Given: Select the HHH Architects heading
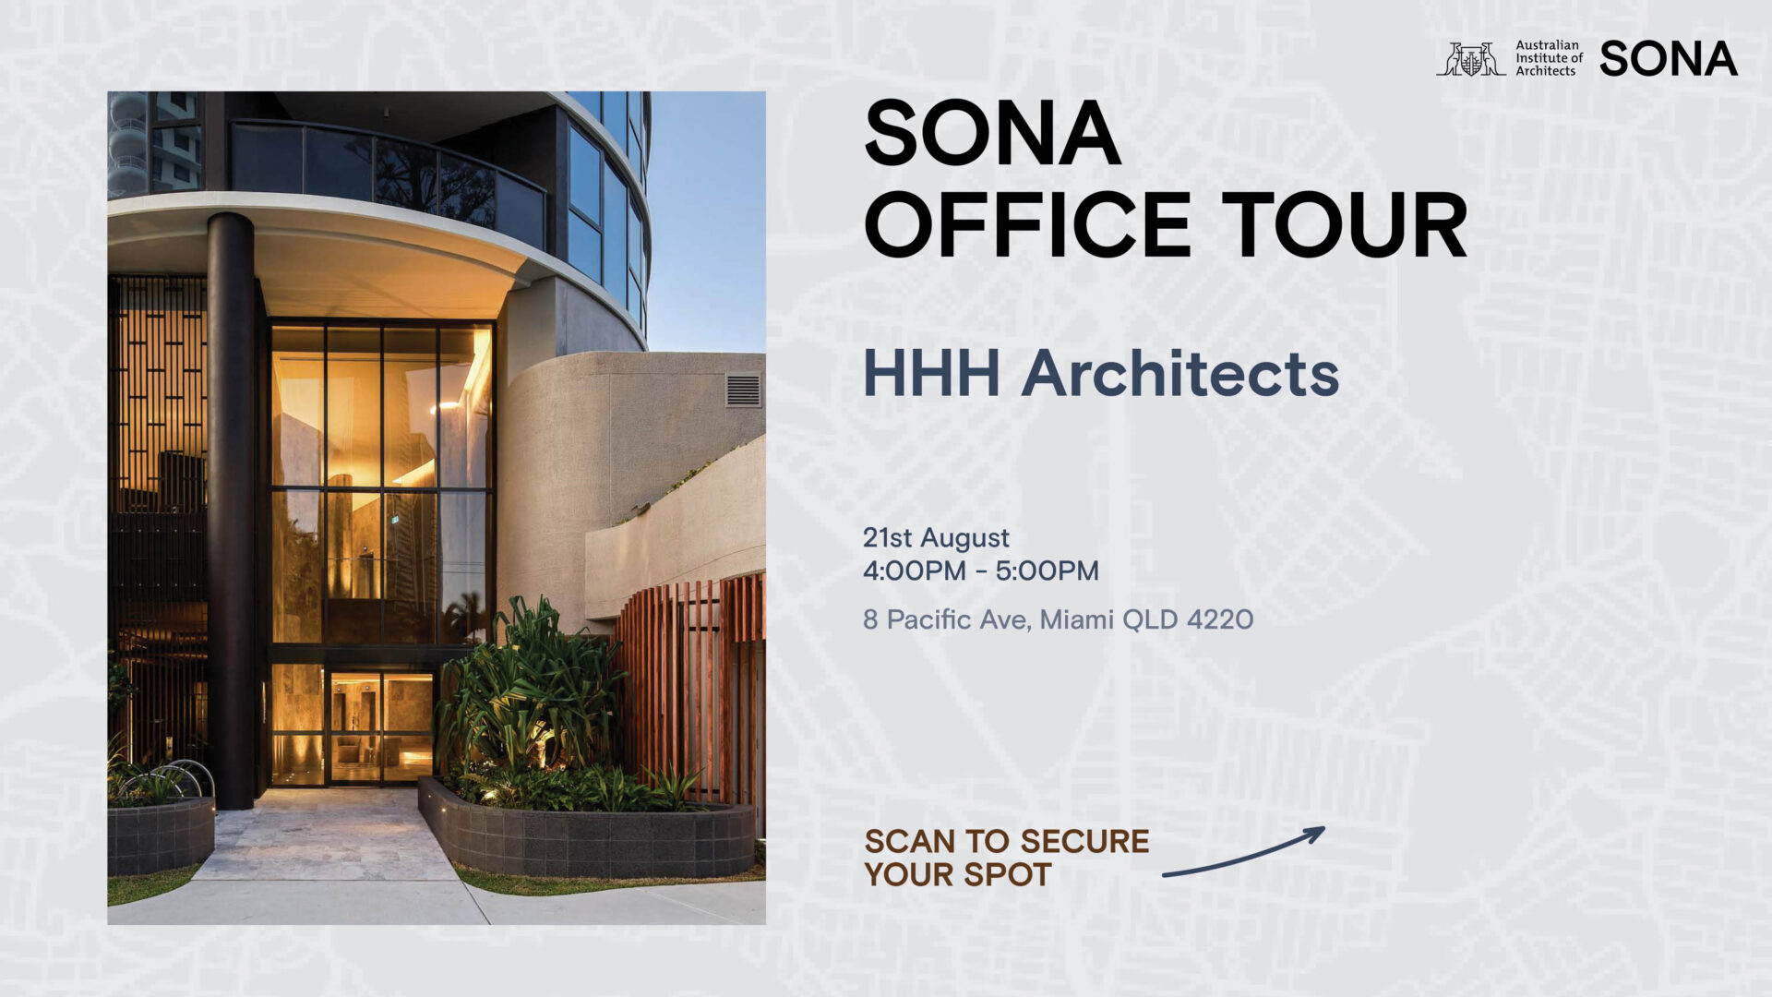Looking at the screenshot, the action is coord(1100,373).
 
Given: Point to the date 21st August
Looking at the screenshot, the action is coord(936,537).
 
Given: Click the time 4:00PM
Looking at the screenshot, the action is coord(914,571).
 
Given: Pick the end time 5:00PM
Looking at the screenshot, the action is coord(1047,571).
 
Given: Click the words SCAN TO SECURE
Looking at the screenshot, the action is coord(1007,841).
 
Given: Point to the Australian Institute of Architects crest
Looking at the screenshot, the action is coord(1470,59).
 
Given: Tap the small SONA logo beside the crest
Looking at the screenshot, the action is coord(1669,59).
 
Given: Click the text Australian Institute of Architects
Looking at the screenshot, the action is coord(1549,58).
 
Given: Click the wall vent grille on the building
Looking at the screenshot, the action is coord(743,390).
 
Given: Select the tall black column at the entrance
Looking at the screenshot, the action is coord(230,511).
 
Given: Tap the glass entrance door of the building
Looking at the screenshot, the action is coord(381,727).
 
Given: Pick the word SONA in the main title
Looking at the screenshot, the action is coord(992,133).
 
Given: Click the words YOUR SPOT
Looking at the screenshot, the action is coord(958,874).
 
